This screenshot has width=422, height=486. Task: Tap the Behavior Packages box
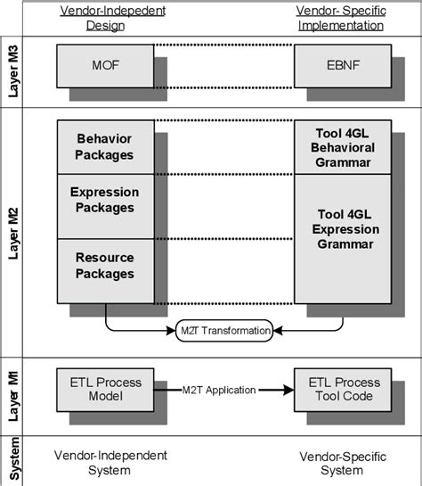105,147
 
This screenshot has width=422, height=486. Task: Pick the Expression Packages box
105,200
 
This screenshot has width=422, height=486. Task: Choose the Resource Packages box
105,265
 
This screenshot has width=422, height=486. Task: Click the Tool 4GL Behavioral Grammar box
342,147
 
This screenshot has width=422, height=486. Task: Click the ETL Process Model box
105,389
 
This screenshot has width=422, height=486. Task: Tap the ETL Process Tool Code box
342,389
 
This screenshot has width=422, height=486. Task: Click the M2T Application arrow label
219,390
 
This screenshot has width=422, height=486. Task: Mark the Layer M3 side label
13,66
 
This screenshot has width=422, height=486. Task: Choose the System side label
13,461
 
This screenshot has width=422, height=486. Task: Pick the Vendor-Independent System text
110,462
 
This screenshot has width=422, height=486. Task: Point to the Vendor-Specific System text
342,462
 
